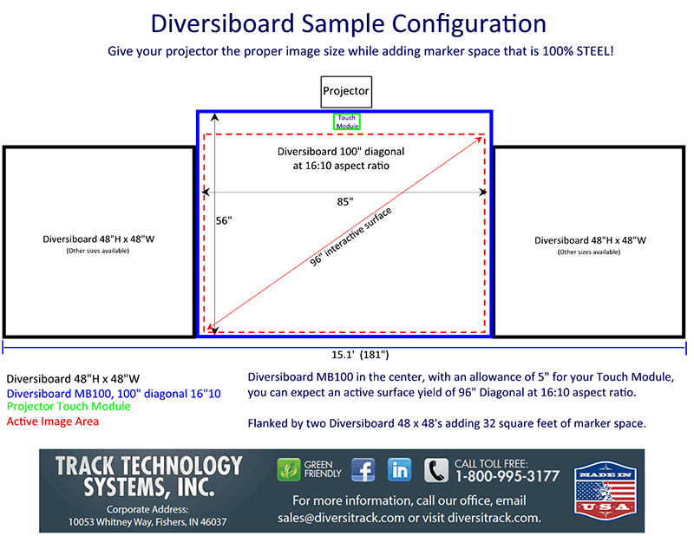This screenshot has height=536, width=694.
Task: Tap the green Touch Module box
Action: (x=347, y=114)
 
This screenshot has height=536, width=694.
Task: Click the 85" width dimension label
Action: (x=345, y=202)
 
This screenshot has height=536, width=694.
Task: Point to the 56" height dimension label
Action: (x=224, y=220)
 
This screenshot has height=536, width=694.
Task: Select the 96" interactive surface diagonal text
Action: (x=350, y=237)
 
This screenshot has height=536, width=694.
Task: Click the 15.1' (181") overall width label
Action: (x=360, y=355)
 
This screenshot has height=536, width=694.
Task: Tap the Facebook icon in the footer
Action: (x=363, y=469)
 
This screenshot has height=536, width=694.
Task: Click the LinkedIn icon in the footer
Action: (x=399, y=469)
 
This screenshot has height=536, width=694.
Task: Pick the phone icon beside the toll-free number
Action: (x=436, y=470)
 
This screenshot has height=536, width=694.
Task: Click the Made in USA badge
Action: (x=605, y=490)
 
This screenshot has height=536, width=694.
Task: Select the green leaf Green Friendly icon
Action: (x=289, y=469)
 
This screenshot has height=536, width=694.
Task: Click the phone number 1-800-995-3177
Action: (x=507, y=476)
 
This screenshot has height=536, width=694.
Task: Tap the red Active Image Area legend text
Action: (x=53, y=422)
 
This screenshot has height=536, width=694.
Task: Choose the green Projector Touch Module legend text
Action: (x=69, y=406)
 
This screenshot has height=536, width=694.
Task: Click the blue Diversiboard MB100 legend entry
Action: (x=114, y=394)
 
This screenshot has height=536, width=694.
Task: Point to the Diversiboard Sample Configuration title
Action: (x=349, y=23)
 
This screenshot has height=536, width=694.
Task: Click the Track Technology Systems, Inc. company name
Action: (x=148, y=477)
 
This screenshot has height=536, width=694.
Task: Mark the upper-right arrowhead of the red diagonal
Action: (x=480, y=140)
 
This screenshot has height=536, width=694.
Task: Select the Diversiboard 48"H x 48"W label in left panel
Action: (x=99, y=239)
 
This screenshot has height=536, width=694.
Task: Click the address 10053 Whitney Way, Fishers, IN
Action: (x=147, y=522)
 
